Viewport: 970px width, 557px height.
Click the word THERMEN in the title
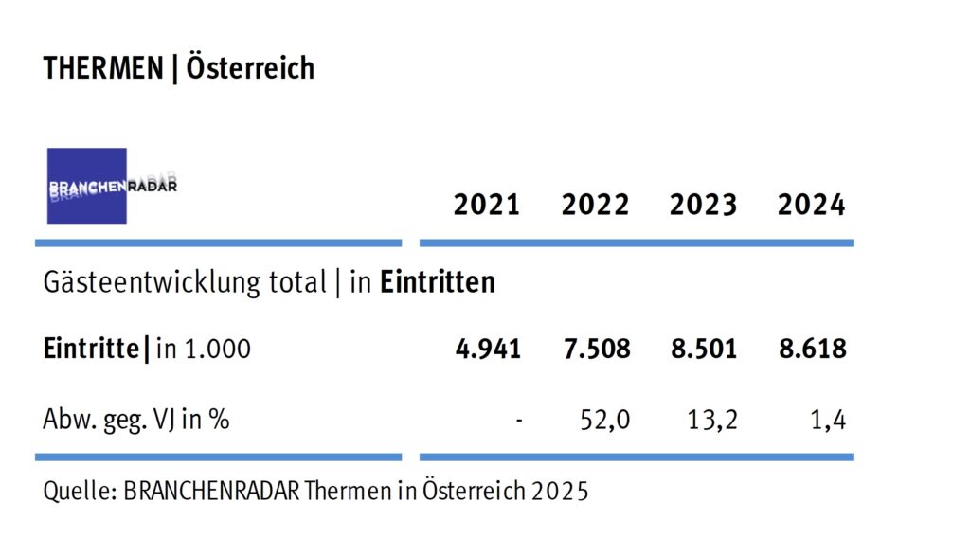pyautogui.click(x=102, y=69)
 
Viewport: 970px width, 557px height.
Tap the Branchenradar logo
pyautogui.click(x=88, y=186)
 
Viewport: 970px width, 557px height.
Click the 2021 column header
pyautogui.click(x=487, y=205)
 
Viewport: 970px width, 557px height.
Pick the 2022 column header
pyautogui.click(x=595, y=205)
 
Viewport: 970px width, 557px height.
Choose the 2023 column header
pyautogui.click(x=703, y=205)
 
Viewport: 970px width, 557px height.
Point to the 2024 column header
pyautogui.click(x=812, y=205)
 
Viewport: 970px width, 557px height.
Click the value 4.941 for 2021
pyautogui.click(x=488, y=349)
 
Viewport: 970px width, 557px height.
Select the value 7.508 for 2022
pyautogui.click(x=596, y=349)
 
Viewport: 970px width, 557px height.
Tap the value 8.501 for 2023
pyautogui.click(x=704, y=349)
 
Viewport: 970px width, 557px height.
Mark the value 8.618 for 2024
pyautogui.click(x=812, y=349)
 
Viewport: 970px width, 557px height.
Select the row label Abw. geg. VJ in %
pyautogui.click(x=136, y=419)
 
